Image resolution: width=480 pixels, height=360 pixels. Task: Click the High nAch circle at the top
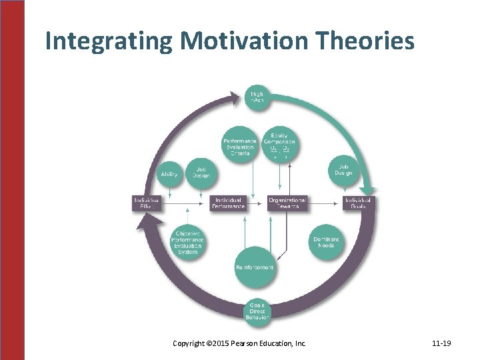[x=257, y=97]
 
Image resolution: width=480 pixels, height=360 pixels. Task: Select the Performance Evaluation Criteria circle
[x=240, y=143]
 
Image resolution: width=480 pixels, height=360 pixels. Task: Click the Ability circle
[x=169, y=175]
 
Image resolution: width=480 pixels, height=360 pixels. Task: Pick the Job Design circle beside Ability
[x=201, y=173]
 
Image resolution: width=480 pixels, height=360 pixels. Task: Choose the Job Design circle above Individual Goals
[x=344, y=171]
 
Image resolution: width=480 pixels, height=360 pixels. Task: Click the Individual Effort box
[x=147, y=203]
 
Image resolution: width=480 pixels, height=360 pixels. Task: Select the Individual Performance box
[x=228, y=203]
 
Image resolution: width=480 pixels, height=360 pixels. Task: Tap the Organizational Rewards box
[x=287, y=203]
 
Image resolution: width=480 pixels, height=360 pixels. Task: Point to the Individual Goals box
[x=358, y=203]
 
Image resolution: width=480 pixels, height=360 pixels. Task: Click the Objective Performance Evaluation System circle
[x=188, y=241]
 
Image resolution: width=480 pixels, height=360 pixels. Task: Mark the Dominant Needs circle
[x=326, y=242]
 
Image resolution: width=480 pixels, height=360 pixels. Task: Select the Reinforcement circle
[x=255, y=267]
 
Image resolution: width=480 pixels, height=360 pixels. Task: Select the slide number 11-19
[x=441, y=343]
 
